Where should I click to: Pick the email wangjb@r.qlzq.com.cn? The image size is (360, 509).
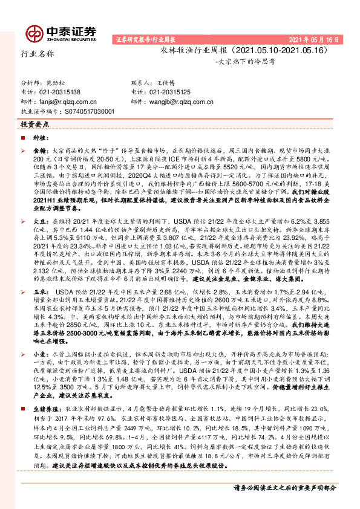tap(175, 102)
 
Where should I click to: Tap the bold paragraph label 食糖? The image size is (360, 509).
tap(39, 148)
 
